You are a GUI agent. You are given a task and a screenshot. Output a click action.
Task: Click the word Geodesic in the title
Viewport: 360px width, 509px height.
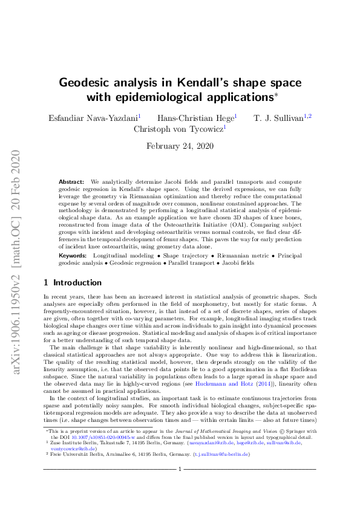coord(85,83)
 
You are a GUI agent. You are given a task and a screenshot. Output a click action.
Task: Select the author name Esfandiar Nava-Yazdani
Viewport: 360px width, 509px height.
coord(93,117)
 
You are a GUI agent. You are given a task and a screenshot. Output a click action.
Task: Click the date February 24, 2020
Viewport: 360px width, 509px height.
coord(180,146)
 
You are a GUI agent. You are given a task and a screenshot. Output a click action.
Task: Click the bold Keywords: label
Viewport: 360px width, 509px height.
coord(73,256)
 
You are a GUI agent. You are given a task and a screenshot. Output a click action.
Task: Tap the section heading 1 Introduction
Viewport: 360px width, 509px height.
coord(73,282)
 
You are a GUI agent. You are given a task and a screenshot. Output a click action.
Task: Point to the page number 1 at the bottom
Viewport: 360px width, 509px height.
coord(180,485)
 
